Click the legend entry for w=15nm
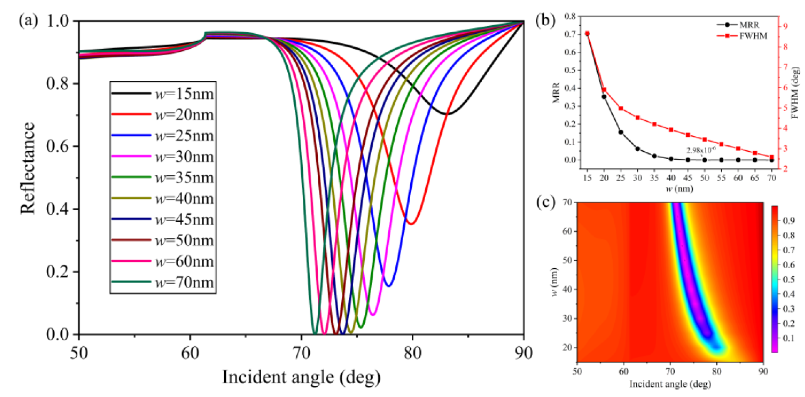coord(163,94)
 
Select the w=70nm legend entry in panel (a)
coord(163,282)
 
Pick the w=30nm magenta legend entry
coord(163,157)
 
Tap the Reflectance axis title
coord(27,168)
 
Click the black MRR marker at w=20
coord(604,96)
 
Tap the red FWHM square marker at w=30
coord(637,118)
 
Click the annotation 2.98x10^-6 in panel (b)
coord(701,150)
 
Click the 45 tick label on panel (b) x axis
coord(688,178)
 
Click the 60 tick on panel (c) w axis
coord(568,231)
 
